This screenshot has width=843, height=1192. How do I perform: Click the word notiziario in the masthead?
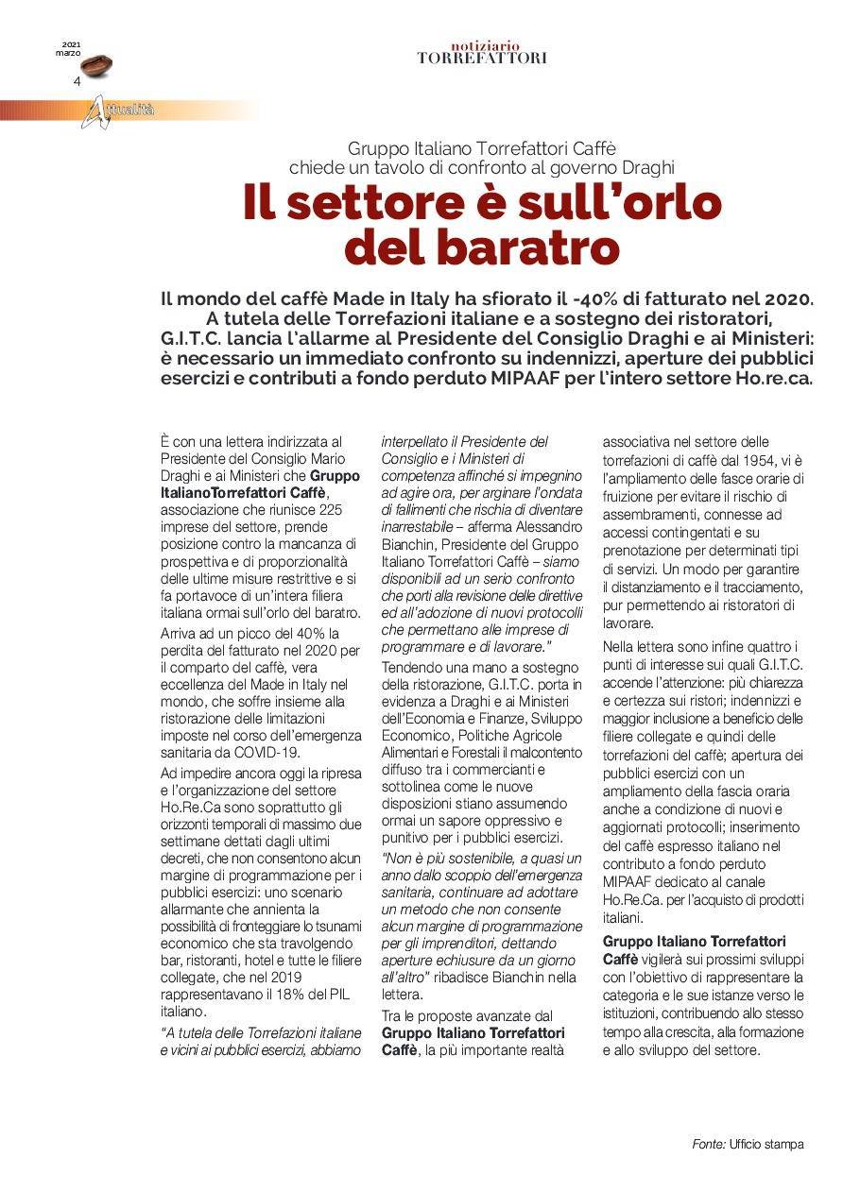coord(481,45)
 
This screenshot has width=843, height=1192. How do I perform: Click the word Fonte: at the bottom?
coord(709,1144)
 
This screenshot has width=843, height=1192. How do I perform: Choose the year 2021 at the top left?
coord(72,44)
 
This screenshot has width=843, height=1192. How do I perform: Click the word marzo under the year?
coord(68,53)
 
